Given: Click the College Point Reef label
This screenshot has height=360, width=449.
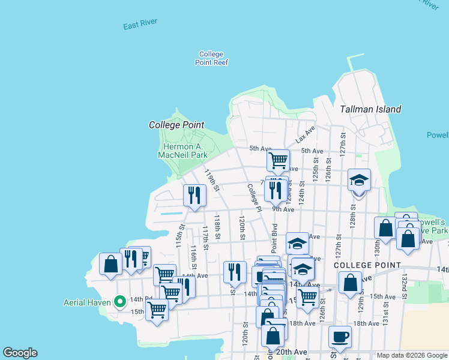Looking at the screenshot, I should [213, 58].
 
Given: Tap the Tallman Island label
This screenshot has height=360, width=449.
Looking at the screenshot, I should [370, 109].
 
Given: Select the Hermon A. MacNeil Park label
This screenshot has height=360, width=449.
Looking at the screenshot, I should [182, 151].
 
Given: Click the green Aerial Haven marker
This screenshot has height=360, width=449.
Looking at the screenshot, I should [120, 301].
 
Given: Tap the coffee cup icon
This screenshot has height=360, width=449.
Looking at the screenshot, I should [340, 337].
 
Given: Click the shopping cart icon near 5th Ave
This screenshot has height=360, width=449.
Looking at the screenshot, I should [278, 160].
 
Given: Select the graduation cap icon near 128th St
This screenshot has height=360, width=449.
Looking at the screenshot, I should [359, 180].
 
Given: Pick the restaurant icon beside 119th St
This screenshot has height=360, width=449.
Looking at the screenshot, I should [194, 195].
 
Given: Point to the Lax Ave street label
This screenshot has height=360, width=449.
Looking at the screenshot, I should [305, 135].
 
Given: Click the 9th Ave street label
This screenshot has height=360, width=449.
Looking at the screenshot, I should [283, 209].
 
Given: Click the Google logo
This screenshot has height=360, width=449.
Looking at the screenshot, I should [20, 353].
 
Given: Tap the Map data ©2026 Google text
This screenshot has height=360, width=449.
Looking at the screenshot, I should [411, 355].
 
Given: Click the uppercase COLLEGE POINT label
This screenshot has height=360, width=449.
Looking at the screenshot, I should [366, 265].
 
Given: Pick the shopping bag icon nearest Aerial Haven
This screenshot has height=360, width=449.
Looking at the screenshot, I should [110, 264].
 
